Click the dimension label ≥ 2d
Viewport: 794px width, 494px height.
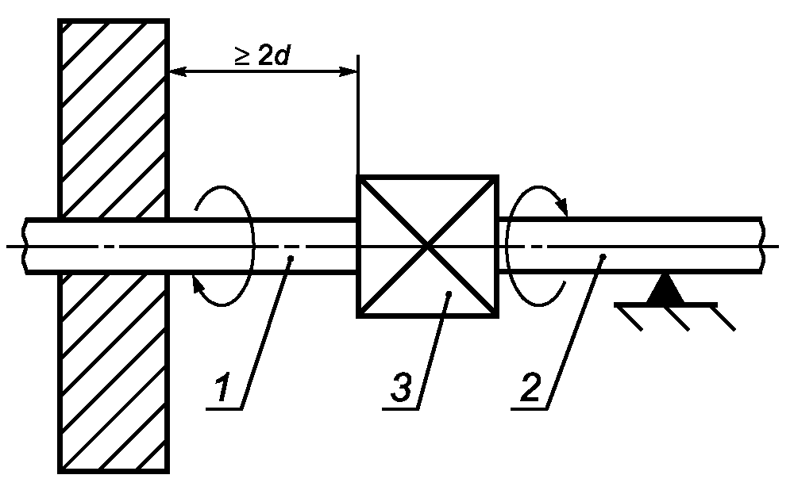[x=262, y=56]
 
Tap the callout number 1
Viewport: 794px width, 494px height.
[x=222, y=387]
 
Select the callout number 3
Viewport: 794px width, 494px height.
[x=402, y=387]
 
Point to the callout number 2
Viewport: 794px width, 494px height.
[x=530, y=387]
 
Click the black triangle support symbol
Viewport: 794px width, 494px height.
[x=665, y=290]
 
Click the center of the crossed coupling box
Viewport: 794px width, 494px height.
[x=428, y=247]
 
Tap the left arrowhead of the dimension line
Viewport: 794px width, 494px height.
[x=177, y=72]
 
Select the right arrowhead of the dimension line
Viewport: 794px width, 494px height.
[x=349, y=72]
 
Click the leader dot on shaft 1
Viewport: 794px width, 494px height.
[x=291, y=258]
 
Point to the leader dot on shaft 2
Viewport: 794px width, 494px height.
[x=603, y=258]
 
